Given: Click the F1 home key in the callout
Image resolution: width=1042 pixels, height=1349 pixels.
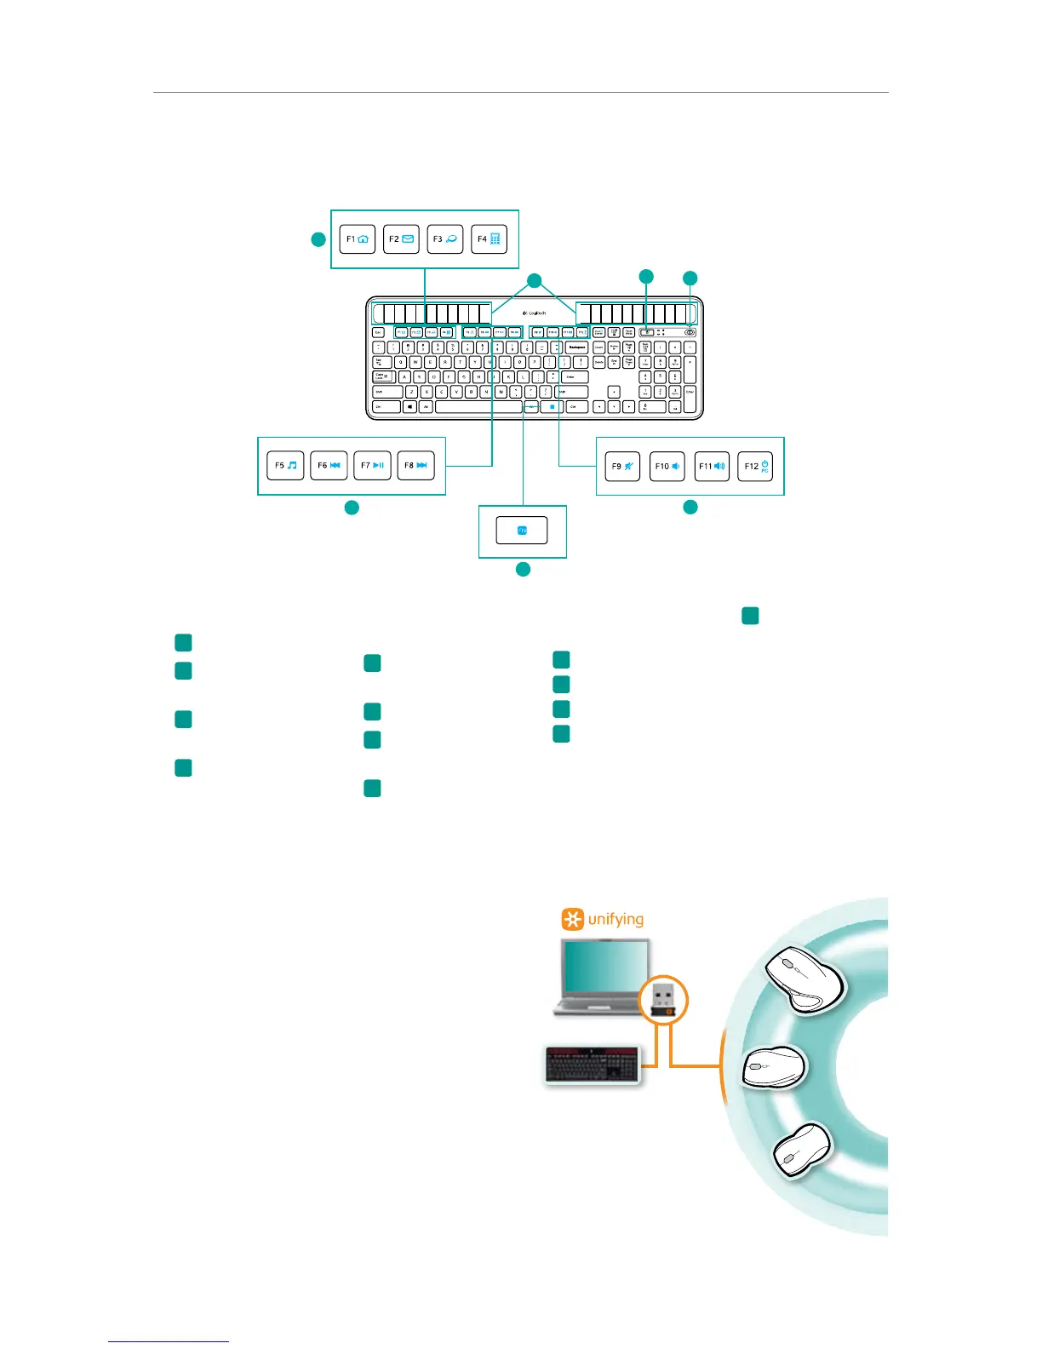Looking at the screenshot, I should click(x=358, y=239).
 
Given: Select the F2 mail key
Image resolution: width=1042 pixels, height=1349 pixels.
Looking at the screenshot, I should click(x=401, y=239).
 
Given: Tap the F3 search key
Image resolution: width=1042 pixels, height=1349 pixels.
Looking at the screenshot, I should click(x=444, y=239).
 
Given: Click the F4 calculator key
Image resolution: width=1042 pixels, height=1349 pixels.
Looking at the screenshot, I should click(x=489, y=239).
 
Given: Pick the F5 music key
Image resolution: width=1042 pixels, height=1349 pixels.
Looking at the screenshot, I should click(x=285, y=466).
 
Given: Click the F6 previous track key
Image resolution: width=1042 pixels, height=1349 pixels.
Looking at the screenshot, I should click(x=329, y=466).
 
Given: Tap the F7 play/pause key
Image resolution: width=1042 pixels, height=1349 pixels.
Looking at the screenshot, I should click(x=372, y=466).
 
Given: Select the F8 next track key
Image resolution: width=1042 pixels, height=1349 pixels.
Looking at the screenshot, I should click(x=415, y=466).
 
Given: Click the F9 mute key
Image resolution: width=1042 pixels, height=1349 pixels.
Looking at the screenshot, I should click(x=622, y=467).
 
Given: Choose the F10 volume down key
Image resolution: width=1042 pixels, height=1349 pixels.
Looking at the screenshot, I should click(x=667, y=467).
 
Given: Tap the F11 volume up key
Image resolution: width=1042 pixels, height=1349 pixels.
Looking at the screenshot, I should click(x=712, y=467).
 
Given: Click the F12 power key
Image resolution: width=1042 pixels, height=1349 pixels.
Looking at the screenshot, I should click(x=755, y=467).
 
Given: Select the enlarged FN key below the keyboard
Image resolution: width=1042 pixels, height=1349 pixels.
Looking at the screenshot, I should click(x=522, y=531).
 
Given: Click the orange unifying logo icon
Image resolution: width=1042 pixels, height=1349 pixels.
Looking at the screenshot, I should click(x=573, y=920).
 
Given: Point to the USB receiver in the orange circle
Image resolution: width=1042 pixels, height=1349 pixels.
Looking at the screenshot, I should click(x=663, y=999).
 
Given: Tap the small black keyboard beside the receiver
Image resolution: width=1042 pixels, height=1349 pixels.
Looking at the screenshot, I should click(x=593, y=1065).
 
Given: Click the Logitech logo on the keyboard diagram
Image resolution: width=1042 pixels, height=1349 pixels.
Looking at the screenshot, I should click(x=534, y=313).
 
